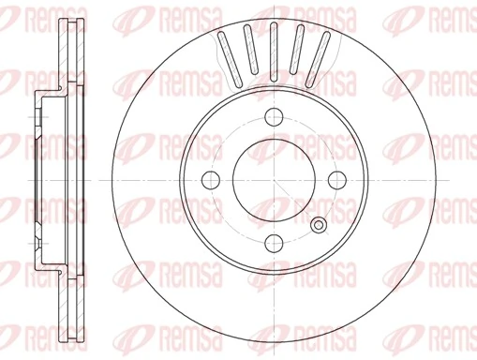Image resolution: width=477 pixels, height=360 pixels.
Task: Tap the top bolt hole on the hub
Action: [274, 117]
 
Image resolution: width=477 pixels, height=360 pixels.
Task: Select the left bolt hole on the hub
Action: [211, 180]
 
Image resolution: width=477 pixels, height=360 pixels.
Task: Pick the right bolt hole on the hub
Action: [336, 180]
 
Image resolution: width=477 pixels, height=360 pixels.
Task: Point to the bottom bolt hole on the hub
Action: [274, 243]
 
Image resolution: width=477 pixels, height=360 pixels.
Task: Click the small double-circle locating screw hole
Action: [319, 225]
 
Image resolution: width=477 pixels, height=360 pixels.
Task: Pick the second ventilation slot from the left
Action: [249, 52]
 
